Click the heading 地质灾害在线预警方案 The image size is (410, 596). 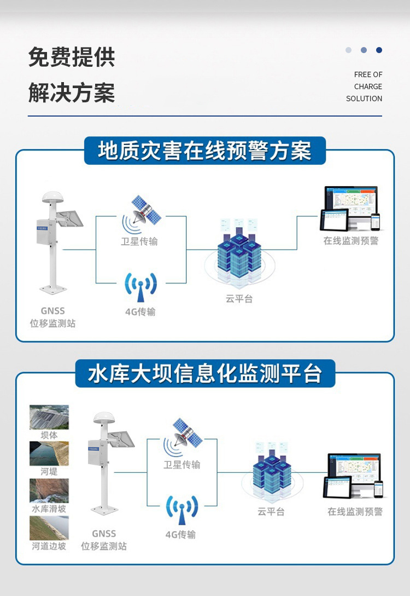pyautogui.click(x=204, y=151)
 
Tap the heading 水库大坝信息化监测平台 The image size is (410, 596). pyautogui.click(x=204, y=374)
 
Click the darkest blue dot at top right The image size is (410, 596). pyautogui.click(x=379, y=50)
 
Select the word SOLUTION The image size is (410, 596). pyautogui.click(x=364, y=99)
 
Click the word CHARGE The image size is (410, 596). pyautogui.click(x=368, y=86)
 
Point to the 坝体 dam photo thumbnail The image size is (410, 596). pyautogui.click(x=49, y=417)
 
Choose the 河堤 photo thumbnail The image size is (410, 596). pyautogui.click(x=49, y=453)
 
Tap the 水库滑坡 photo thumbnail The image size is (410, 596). pyautogui.click(x=49, y=490)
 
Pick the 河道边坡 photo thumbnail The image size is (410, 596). pyautogui.click(x=49, y=528)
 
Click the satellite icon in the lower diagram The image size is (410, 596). pyautogui.click(x=186, y=435)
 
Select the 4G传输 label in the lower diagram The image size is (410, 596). pyautogui.click(x=180, y=535)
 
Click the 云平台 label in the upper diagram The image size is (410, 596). pyautogui.click(x=239, y=299)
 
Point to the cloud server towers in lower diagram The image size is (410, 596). pyautogui.click(x=272, y=472)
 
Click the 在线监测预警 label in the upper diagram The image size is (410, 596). pyautogui.click(x=350, y=240)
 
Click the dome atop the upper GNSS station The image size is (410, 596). pyautogui.click(x=53, y=197)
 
